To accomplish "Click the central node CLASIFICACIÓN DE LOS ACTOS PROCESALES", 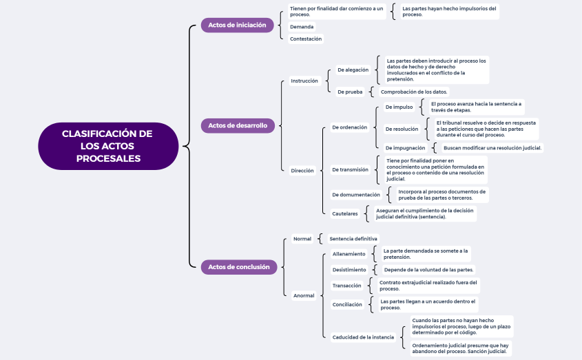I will [107, 146].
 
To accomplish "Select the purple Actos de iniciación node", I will [237, 25].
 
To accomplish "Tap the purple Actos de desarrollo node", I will [238, 126].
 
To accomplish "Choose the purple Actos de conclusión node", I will [238, 267].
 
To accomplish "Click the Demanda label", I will [302, 27].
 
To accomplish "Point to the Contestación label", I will [306, 39].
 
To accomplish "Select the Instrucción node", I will [304, 81].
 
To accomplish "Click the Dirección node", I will [302, 170].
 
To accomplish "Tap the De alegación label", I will [353, 70].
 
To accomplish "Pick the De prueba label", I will [350, 92].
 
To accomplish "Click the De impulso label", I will [399, 107].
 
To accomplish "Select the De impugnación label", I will [405, 148].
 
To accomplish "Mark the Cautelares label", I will [345, 213].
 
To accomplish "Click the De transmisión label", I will [350, 169].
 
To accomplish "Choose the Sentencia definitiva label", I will [353, 239].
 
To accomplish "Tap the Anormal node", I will [304, 295].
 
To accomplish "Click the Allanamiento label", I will [349, 254].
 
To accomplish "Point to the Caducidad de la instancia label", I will [363, 337].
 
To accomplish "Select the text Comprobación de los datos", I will [414, 92].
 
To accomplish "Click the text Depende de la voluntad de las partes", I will [428, 270].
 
